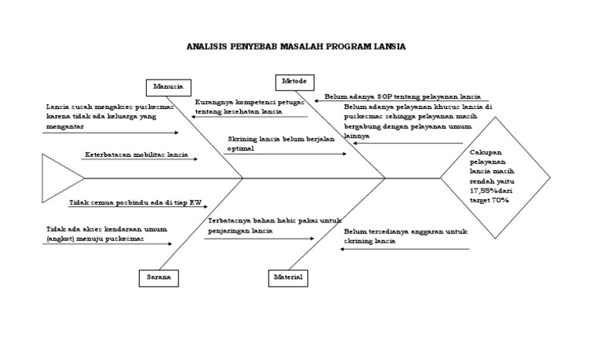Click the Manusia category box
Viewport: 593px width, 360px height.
point(168,86)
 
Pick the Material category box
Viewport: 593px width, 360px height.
point(288,277)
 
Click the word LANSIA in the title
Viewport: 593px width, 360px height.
point(388,47)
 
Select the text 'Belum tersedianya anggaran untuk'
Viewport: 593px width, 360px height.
point(406,231)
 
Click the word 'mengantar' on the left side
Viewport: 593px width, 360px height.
point(64,125)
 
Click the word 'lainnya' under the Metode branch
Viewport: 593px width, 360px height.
point(357,136)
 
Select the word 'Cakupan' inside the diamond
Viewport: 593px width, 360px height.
point(485,153)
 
